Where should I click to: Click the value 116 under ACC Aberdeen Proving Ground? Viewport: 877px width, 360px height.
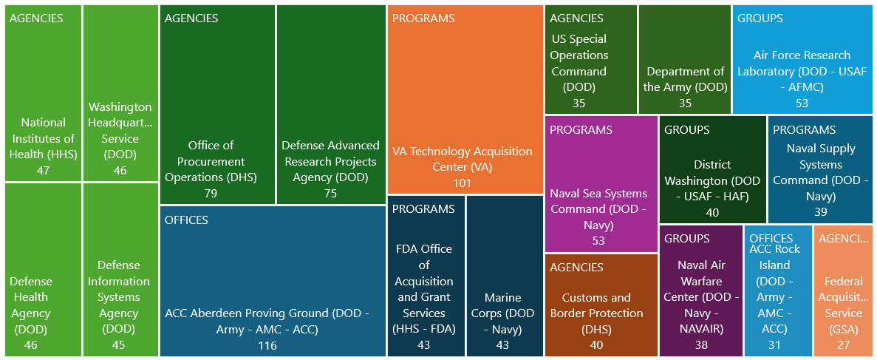[267, 346]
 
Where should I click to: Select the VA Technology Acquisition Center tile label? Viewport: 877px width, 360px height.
[462, 159]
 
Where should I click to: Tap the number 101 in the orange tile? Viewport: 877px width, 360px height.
[462, 183]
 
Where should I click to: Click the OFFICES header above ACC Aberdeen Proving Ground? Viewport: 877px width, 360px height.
[186, 220]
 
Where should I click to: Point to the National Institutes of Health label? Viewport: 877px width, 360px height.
[43, 138]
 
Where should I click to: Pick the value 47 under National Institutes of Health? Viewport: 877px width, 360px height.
[43, 171]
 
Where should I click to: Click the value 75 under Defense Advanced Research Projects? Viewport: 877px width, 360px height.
[330, 194]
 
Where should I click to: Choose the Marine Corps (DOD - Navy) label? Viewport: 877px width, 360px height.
[503, 313]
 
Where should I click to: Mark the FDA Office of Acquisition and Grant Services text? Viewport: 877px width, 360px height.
[424, 289]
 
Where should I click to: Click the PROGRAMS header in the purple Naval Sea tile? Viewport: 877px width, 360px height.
[581, 130]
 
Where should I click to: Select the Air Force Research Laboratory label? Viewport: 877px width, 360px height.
[802, 71]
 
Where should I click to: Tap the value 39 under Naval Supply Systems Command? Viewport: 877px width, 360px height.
[820, 212]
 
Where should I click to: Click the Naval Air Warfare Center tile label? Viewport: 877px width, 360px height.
[701, 296]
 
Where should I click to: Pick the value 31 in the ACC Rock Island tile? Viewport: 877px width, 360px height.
[774, 345]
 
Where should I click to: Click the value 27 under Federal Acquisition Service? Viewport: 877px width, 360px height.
[843, 345]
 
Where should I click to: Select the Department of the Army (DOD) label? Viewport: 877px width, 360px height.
[685, 79]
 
